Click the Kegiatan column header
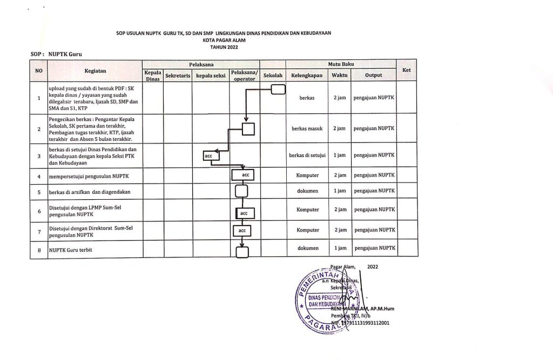click(x=95, y=70)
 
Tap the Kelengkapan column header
click(x=307, y=76)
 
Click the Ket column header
click(x=407, y=70)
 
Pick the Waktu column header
click(x=340, y=76)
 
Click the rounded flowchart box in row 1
click(x=278, y=89)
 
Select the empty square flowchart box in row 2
click(x=248, y=128)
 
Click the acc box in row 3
click(x=208, y=156)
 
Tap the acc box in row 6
click(x=244, y=213)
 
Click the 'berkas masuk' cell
click(x=306, y=128)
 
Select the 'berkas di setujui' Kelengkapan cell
click(x=307, y=155)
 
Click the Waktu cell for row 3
click(x=340, y=155)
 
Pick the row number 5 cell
click(x=39, y=191)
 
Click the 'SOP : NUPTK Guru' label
click(x=57, y=55)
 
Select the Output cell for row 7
click(x=374, y=230)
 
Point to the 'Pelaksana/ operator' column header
click(x=244, y=76)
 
